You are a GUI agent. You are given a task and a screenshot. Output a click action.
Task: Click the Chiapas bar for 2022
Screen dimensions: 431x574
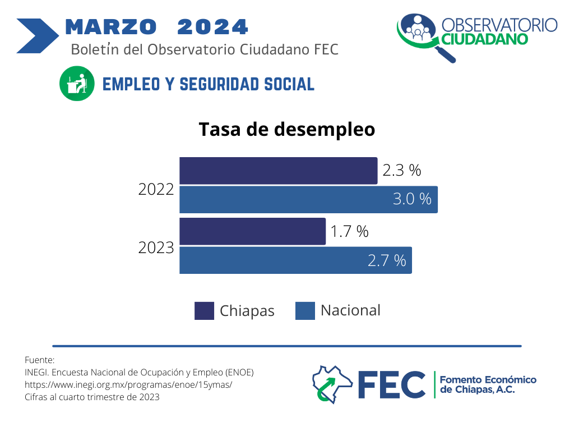point(278,171)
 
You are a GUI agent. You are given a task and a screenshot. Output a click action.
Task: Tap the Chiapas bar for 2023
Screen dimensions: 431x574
point(252,231)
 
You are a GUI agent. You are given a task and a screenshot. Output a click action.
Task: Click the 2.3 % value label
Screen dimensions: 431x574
point(401,171)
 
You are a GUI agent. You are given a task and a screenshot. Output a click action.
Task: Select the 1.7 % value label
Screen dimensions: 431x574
point(349,231)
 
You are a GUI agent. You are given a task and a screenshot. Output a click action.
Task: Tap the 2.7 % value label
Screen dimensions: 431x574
point(387,260)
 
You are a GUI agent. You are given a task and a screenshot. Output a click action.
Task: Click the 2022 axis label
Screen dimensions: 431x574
point(156,190)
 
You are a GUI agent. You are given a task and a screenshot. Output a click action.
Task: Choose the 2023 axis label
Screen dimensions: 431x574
point(156,248)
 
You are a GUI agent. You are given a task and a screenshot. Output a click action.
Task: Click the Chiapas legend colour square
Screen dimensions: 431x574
point(204,311)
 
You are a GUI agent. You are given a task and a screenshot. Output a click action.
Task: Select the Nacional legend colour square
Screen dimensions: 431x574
point(305,311)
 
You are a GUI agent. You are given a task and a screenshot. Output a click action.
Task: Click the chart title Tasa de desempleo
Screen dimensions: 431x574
point(287,129)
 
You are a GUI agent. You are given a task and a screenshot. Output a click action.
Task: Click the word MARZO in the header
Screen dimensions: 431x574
point(111,26)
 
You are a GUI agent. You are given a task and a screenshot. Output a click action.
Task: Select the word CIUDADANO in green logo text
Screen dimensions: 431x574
point(485,39)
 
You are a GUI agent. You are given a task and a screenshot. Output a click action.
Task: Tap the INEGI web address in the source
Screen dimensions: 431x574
point(128,384)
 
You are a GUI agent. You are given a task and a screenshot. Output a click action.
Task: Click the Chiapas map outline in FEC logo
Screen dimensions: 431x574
point(331,384)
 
